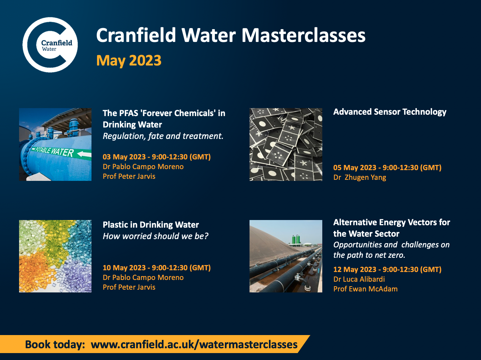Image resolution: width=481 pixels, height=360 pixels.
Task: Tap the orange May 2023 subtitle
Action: pos(129,61)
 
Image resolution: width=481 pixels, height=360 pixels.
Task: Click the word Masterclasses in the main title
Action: pos(303,35)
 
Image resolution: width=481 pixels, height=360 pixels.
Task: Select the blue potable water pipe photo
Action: pos(55,144)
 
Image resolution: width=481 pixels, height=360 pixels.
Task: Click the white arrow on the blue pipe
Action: pos(84,154)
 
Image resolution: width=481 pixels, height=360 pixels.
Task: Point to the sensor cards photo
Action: pos(286,144)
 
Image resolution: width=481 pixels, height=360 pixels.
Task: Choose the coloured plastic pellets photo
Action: pos(55,256)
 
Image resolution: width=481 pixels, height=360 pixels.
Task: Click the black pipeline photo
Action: pos(286,256)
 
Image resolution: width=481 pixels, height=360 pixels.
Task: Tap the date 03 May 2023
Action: pos(124,157)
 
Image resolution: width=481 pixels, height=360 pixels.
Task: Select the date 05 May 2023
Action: pos(355,168)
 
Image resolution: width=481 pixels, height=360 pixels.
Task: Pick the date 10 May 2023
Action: pos(124,268)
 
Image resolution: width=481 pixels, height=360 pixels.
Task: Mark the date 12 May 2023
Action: pos(355,270)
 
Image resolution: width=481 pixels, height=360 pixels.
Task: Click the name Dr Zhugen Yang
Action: pos(360,177)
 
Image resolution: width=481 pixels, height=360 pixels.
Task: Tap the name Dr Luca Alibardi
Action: pos(359,279)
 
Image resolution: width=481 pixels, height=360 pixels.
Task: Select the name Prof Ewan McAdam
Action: pos(365,289)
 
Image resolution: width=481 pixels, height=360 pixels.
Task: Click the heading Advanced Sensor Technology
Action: pos(390,112)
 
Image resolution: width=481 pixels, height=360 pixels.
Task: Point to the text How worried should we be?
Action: pos(155,236)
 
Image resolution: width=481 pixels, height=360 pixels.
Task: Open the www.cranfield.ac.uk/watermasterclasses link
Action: pos(194,344)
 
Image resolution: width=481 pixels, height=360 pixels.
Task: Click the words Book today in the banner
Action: pos(55,345)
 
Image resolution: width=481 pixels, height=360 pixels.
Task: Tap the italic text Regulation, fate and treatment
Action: pos(163,136)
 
